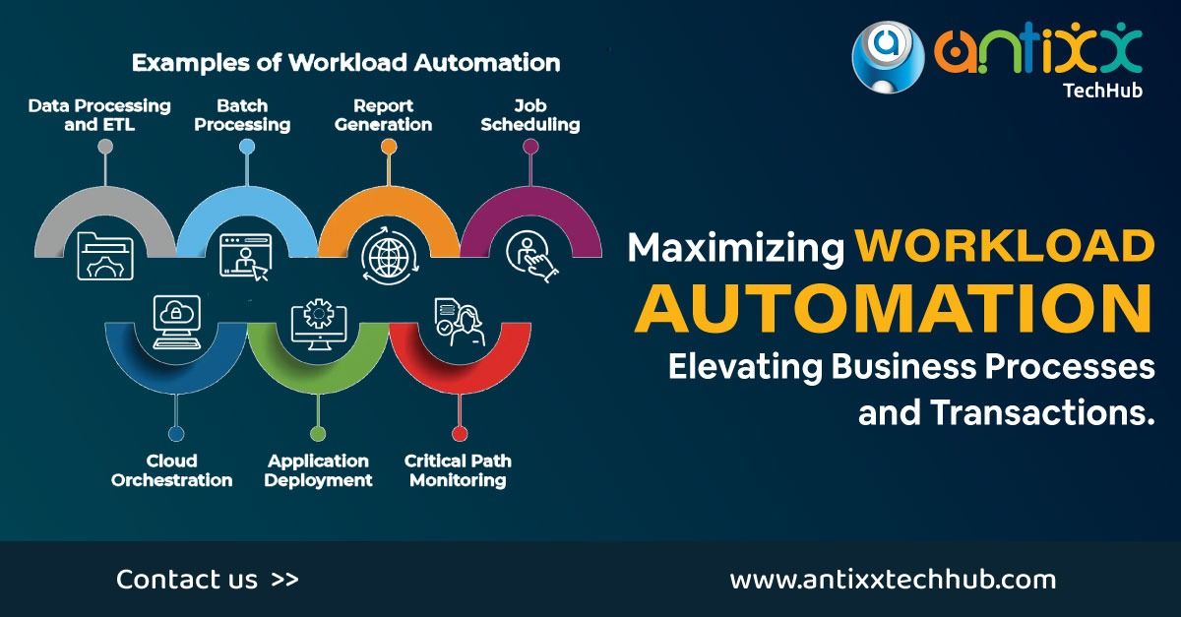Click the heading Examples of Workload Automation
345,64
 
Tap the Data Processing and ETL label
98,115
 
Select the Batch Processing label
242,115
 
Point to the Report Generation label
383,115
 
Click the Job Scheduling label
530,115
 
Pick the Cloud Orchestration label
172,470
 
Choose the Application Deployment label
318,470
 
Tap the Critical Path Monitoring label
458,470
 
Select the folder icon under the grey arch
104,255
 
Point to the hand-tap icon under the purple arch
530,255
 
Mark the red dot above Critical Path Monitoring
459,433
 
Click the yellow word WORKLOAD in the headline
1004,247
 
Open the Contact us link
207,580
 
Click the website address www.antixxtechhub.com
893,580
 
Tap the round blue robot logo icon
888,58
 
